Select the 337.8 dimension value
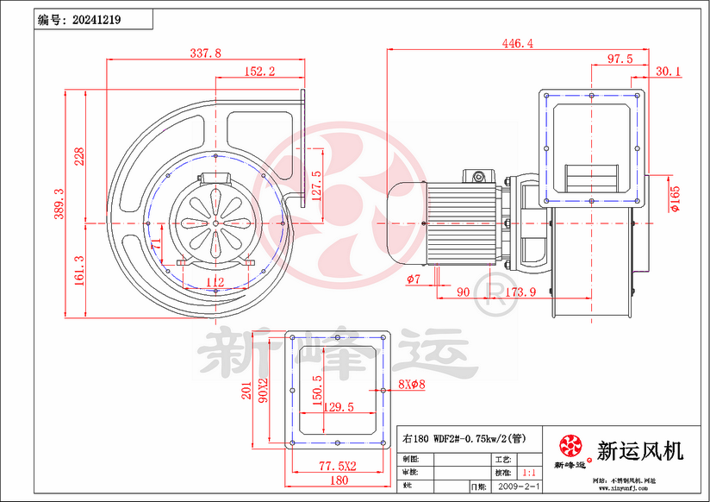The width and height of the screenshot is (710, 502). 205,53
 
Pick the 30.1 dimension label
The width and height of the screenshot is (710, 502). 668,71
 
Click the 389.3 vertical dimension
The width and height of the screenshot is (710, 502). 59,204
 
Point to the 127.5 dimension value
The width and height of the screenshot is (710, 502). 316,185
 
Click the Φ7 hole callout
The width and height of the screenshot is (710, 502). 414,279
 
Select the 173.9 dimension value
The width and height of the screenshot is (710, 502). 520,292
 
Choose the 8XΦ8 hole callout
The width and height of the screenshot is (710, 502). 412,385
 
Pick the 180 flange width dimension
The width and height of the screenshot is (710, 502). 339,480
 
